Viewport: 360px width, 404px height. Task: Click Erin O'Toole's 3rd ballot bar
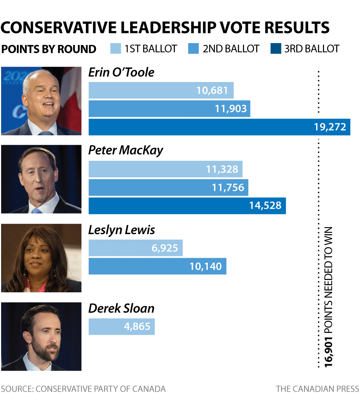tap(219, 127)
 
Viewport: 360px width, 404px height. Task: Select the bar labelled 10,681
tap(161, 90)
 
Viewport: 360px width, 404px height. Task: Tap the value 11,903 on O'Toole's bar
tap(231, 109)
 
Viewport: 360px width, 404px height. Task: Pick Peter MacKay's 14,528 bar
tap(187, 206)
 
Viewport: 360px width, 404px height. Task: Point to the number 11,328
tap(222, 169)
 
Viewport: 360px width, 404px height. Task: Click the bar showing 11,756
tap(168, 187)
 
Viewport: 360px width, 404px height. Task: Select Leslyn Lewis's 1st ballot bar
tap(135, 248)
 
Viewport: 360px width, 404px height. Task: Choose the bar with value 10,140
tap(157, 266)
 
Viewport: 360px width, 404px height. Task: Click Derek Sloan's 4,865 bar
tap(121, 326)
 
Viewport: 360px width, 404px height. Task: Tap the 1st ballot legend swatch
tap(116, 49)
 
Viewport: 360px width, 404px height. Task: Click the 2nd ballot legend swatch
tap(193, 49)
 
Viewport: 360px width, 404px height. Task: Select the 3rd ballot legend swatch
tap(276, 49)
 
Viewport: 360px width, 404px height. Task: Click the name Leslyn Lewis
tap(121, 230)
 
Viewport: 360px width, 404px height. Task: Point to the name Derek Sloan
tap(121, 308)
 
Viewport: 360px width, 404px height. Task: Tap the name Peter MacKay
tap(126, 150)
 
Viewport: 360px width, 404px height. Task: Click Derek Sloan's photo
tap(41, 336)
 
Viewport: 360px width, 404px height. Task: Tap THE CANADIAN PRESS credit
tap(317, 389)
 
